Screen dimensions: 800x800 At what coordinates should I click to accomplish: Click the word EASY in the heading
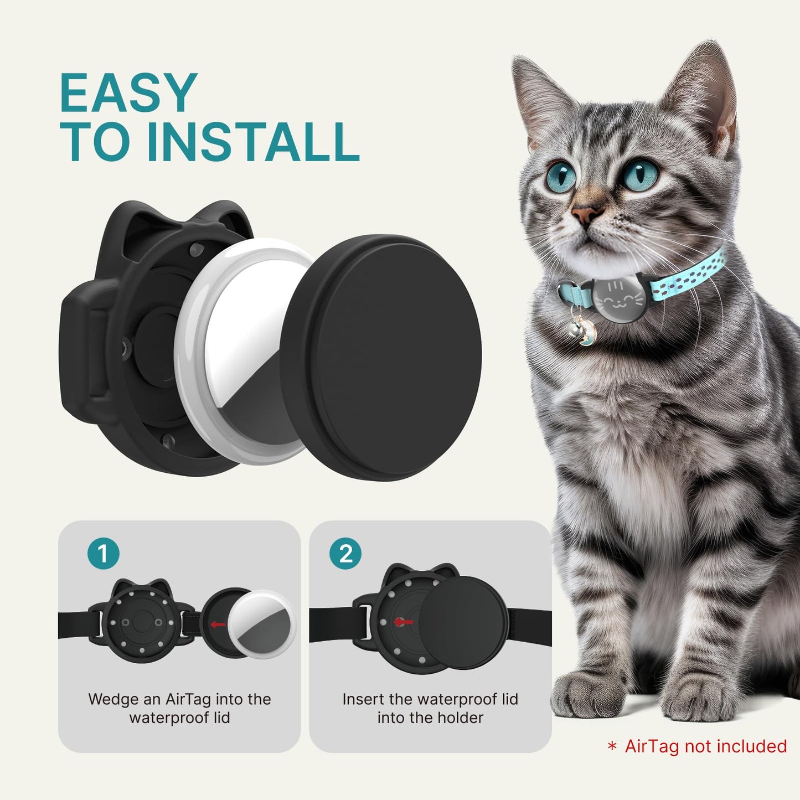coord(128,94)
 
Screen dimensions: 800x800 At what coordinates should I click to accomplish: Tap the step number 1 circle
coord(103,553)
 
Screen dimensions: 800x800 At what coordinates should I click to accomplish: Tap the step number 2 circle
coord(345,553)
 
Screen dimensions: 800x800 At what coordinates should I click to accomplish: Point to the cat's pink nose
coord(587,213)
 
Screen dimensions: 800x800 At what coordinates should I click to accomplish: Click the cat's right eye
coord(561,174)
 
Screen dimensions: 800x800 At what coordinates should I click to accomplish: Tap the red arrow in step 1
coord(218,624)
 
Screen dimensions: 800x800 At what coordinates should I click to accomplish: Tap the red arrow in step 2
coord(404,622)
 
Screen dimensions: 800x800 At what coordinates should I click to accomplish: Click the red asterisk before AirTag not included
coord(612,747)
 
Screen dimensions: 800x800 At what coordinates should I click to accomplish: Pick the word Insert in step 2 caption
coord(363,699)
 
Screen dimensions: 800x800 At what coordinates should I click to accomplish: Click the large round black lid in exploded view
coord(382,357)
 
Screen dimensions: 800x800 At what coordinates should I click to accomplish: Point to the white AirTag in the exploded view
coord(244,354)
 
